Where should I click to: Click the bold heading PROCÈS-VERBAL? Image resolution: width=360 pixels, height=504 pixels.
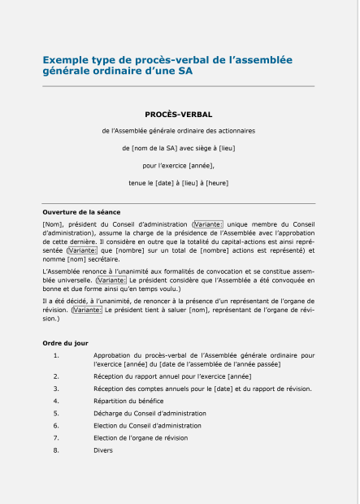pyautogui.click(x=178, y=115)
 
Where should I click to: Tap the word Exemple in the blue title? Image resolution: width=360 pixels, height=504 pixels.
pyautogui.click(x=65, y=60)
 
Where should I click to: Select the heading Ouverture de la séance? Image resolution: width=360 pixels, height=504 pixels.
pyautogui.click(x=81, y=211)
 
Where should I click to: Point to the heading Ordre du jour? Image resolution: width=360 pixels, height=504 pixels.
pyautogui.click(x=65, y=343)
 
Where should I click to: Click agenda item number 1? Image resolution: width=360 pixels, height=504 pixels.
pyautogui.click(x=56, y=355)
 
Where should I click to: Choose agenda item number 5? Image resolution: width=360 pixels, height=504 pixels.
pyautogui.click(x=56, y=413)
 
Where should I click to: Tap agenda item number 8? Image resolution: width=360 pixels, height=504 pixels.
pyautogui.click(x=56, y=450)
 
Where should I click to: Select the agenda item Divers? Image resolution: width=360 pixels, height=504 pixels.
pyautogui.click(x=103, y=450)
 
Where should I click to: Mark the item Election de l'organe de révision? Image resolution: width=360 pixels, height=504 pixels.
pyautogui.click(x=141, y=437)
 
